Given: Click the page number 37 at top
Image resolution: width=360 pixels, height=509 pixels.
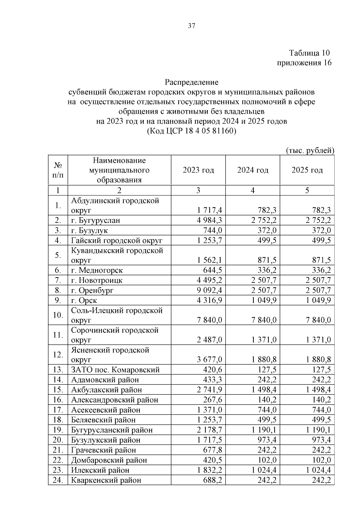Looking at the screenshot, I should pyautogui.click(x=192, y=26).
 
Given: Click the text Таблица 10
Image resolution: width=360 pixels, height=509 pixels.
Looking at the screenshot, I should pyautogui.click(x=309, y=53).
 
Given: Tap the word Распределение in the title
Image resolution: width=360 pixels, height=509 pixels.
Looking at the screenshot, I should pyautogui.click(x=192, y=82).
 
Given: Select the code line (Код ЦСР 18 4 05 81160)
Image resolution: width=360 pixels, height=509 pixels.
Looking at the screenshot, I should pyautogui.click(x=192, y=131).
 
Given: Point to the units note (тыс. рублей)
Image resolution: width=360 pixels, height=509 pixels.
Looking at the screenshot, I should pyautogui.click(x=310, y=150).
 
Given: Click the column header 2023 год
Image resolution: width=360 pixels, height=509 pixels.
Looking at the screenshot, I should pyautogui.click(x=198, y=170).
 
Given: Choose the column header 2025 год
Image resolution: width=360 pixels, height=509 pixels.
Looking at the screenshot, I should pyautogui.click(x=307, y=170).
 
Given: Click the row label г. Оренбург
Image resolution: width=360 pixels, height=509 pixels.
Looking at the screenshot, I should pyautogui.click(x=92, y=290).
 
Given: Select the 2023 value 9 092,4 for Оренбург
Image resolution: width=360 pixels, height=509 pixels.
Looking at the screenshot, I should pyautogui.click(x=209, y=290).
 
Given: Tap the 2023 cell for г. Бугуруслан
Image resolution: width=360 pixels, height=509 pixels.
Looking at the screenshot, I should pyautogui.click(x=209, y=220).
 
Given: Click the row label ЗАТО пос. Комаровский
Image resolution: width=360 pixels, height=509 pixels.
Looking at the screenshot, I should pyautogui.click(x=115, y=370).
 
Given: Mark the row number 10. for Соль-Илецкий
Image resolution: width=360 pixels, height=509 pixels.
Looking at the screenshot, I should pyautogui.click(x=58, y=315).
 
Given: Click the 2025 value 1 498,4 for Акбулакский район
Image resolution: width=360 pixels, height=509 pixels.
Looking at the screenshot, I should pyautogui.click(x=318, y=390).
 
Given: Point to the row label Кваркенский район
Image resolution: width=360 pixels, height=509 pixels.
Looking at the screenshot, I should pyautogui.click(x=106, y=480).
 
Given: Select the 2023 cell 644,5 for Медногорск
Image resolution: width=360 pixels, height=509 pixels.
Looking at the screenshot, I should pyautogui.click(x=212, y=270).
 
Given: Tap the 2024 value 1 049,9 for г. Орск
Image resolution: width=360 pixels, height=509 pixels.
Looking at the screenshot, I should pyautogui.click(x=264, y=300).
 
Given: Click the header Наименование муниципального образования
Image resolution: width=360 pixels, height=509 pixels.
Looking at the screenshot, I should pyautogui.click(x=119, y=170).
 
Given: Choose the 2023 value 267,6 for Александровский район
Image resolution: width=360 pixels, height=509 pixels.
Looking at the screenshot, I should pyautogui.click(x=212, y=400).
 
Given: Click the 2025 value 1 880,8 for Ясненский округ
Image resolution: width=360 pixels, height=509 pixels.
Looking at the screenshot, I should pyautogui.click(x=318, y=360).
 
